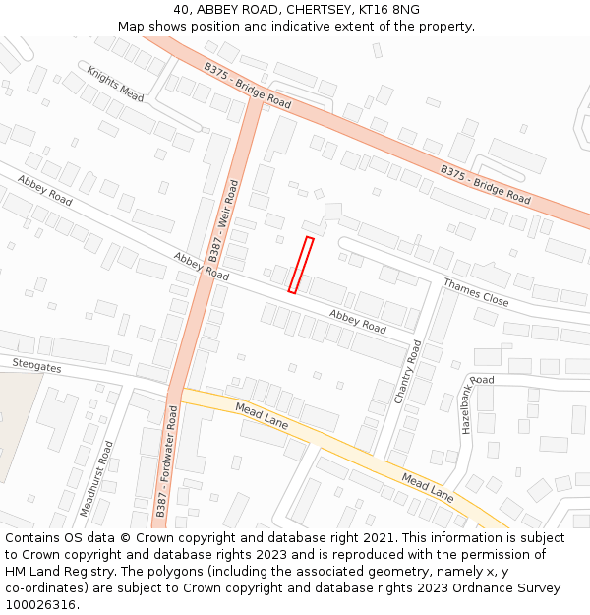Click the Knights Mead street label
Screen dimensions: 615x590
[x=115, y=84]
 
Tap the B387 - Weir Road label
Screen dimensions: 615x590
[x=223, y=219]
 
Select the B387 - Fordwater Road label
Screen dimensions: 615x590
[x=166, y=463]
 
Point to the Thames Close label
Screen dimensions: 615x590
[x=476, y=292]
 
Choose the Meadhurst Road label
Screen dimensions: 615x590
[x=96, y=479]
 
